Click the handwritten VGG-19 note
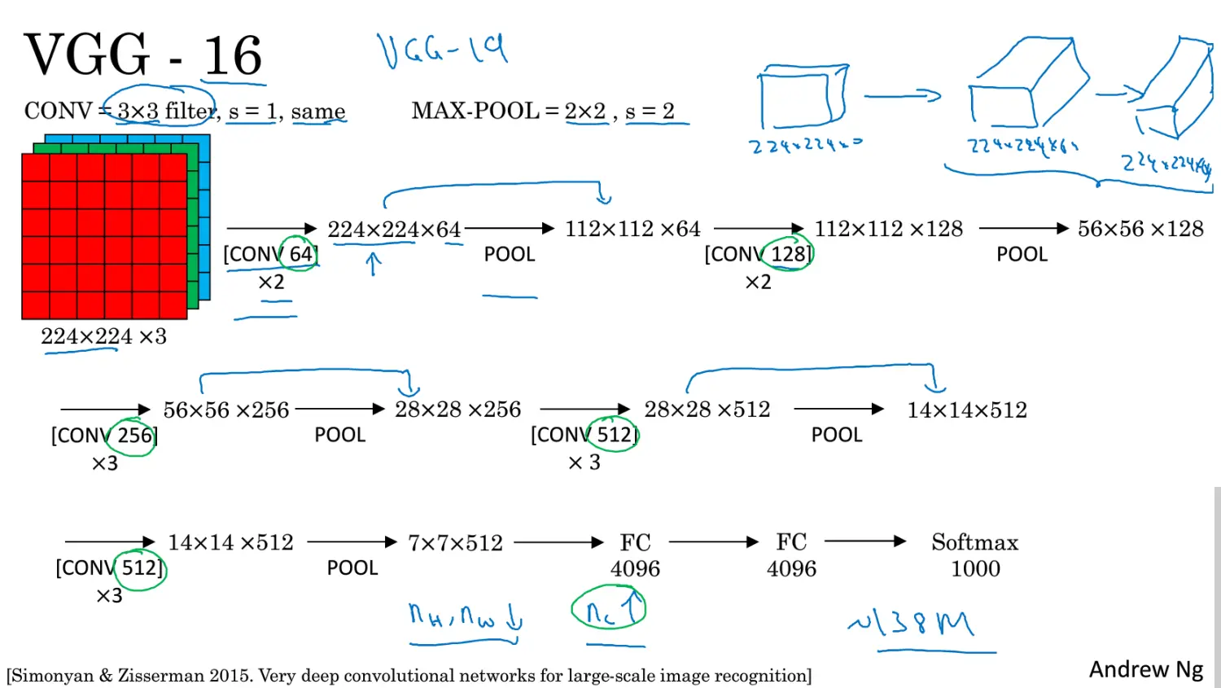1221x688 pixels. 442,50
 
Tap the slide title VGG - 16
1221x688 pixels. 143,55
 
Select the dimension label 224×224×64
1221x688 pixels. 394,230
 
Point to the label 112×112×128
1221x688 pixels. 888,229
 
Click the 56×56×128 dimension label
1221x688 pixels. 1140,229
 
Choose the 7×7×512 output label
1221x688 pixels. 455,542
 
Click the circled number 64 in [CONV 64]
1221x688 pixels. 300,254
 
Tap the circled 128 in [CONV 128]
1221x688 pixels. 788,254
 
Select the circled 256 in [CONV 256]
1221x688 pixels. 134,436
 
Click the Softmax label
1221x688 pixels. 974,542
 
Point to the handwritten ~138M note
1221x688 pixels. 912,623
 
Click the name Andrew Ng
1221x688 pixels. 1145,669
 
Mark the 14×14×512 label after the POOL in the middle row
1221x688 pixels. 967,410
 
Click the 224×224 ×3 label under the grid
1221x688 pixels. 103,336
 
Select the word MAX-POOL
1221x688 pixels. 475,111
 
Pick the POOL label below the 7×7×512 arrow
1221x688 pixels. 352,567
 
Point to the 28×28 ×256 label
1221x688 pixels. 457,410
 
